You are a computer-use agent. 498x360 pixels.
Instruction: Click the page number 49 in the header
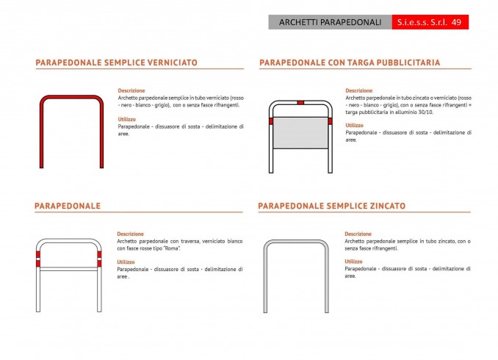[456, 23]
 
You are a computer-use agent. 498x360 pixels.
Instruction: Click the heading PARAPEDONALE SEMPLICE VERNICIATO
[116, 63]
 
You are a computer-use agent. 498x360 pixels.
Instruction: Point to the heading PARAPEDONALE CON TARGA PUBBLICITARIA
[350, 63]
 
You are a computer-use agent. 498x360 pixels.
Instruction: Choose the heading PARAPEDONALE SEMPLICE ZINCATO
[331, 206]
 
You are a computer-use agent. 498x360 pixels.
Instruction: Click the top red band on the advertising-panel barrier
[300, 101]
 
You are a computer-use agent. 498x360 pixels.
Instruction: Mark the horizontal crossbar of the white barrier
[68, 269]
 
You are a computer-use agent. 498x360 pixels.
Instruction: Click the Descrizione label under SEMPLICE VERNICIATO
[131, 90]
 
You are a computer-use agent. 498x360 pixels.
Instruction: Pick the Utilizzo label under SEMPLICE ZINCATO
[353, 262]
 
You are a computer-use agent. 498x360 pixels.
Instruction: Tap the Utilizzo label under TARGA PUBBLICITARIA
[354, 125]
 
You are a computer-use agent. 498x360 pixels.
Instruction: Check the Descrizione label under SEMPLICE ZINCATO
[358, 234]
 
